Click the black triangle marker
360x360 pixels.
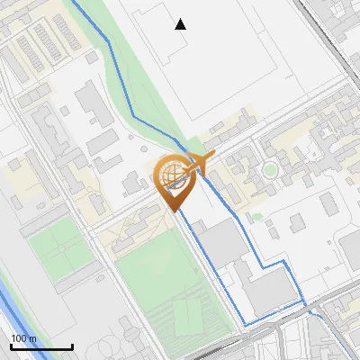pyautogui.click(x=181, y=24)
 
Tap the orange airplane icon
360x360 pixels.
pyautogui.click(x=200, y=163)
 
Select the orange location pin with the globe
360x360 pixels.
pyautogui.click(x=173, y=181)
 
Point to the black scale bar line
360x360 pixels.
pyautogui.click(x=41, y=346)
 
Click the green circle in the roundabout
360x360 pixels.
pyautogui.click(x=270, y=168)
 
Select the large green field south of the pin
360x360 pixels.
pyautogui.click(x=162, y=288)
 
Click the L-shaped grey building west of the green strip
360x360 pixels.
pyautogui.click(x=91, y=103)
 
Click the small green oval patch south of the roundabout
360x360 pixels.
pyautogui.click(x=257, y=217)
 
